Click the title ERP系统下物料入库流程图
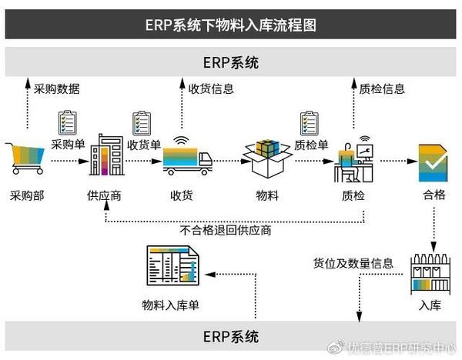[230, 24]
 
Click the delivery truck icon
[187, 158]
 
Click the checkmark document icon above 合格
[432, 160]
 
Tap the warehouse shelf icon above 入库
[430, 273]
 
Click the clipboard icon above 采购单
[68, 122]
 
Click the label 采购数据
[56, 88]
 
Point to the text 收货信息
[211, 88]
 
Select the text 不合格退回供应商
[225, 230]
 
